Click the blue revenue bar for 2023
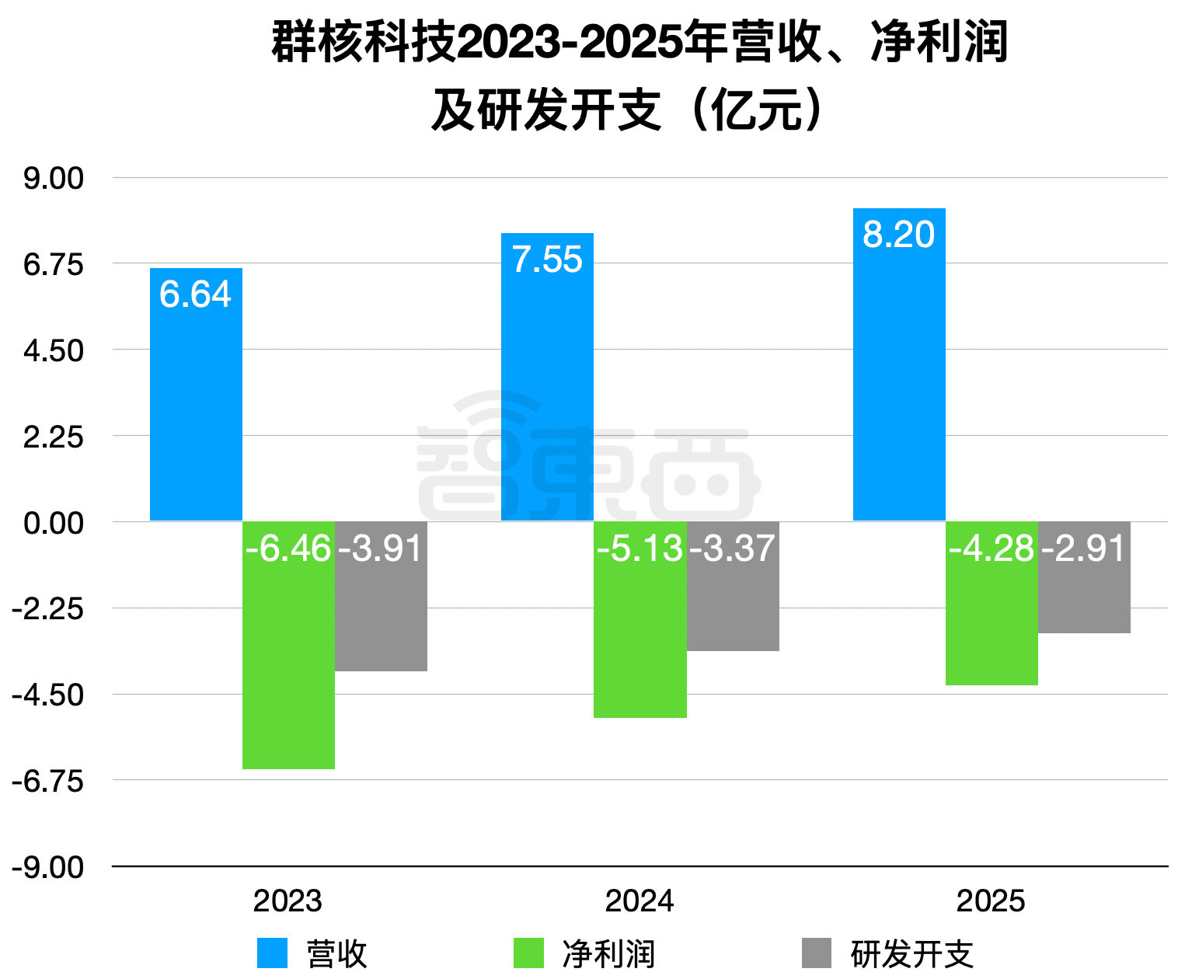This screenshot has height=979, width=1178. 196,404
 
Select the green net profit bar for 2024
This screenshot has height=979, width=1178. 640,637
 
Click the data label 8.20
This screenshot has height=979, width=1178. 898,235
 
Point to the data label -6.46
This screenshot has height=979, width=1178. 288,549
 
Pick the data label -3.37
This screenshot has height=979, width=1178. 732,549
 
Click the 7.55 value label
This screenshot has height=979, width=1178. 547,260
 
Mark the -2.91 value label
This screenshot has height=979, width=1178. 1084,549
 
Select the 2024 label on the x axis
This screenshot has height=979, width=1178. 640,901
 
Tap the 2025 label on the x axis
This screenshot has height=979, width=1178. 991,901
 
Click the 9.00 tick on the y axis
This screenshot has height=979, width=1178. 54,179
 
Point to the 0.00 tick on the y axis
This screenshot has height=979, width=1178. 54,523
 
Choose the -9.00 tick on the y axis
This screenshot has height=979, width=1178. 48,867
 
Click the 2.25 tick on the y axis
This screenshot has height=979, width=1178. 54,437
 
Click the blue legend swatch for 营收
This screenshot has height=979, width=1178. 272,953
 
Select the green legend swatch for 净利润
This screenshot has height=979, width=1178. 528,953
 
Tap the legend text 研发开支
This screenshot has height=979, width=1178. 912,954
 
